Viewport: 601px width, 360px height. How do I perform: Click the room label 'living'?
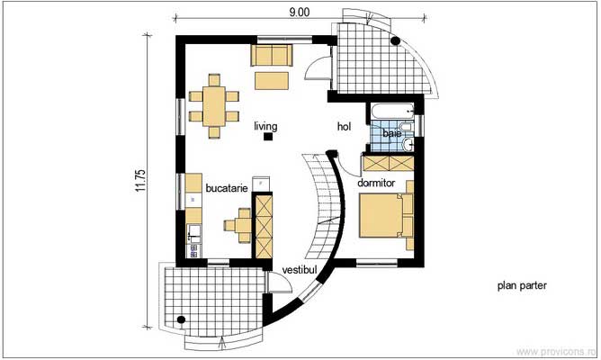[265, 126]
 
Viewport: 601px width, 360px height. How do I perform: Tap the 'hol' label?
[345, 127]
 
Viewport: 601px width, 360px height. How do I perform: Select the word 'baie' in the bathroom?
[391, 133]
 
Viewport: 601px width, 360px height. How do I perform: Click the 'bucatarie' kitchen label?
[224, 188]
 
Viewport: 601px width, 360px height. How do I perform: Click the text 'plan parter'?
[522, 286]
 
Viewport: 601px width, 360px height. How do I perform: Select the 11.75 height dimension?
[140, 178]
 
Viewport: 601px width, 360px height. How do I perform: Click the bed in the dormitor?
[385, 217]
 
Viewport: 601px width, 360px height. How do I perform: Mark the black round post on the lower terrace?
[183, 318]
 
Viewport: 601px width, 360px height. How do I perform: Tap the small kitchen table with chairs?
[241, 222]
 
